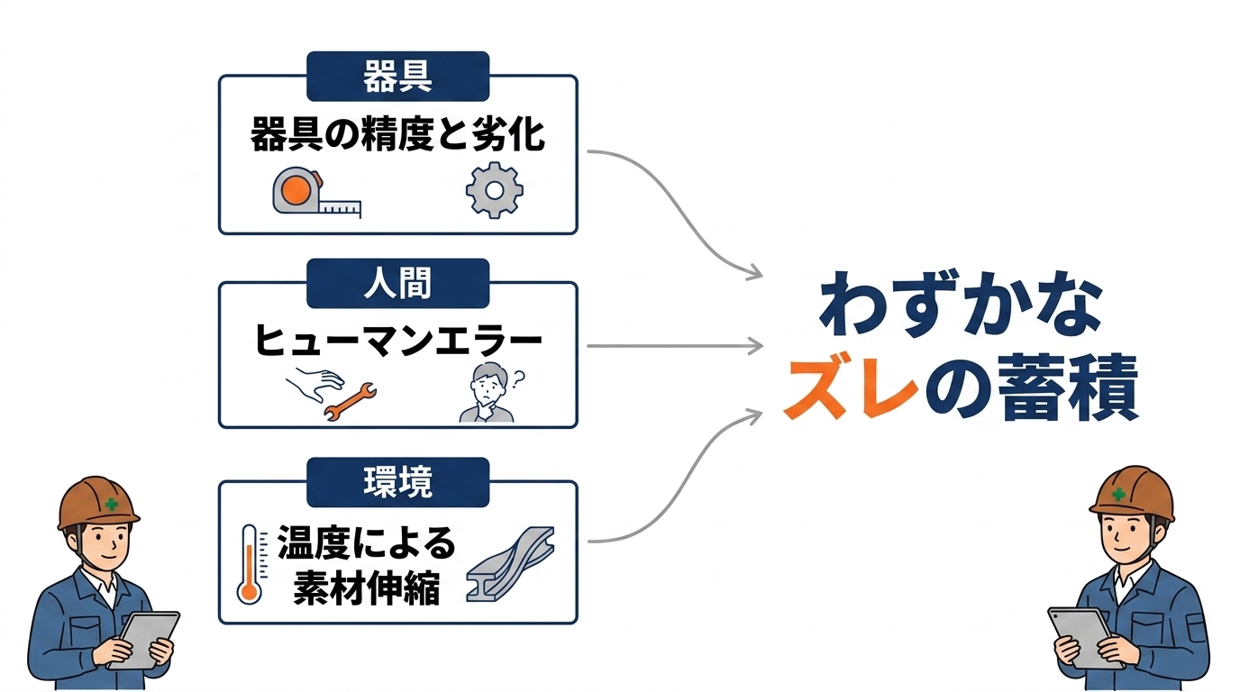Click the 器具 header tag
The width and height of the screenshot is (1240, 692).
click(397, 77)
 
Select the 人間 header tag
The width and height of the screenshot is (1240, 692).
click(397, 283)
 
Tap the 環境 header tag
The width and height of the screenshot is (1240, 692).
click(397, 482)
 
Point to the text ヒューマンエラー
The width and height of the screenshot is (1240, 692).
click(397, 342)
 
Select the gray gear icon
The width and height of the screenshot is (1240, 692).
click(494, 190)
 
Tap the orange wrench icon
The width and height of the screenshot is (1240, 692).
click(351, 401)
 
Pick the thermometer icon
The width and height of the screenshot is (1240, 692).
click(250, 564)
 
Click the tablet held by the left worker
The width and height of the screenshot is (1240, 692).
click(146, 638)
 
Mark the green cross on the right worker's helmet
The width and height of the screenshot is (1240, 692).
click(1118, 494)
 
